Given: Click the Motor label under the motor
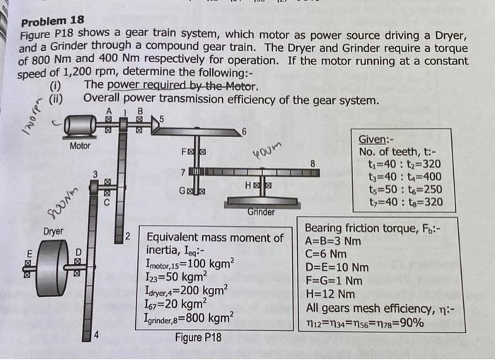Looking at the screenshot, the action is click(x=80, y=146).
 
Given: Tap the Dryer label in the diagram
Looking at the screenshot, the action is click(x=51, y=231).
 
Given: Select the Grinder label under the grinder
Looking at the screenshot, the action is click(x=262, y=211).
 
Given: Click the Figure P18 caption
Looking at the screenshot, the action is click(x=198, y=337).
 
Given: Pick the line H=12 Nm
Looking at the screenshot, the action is click(x=330, y=294).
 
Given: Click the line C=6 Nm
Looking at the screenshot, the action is click(x=326, y=254).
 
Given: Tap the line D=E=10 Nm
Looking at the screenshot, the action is click(x=337, y=267).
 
